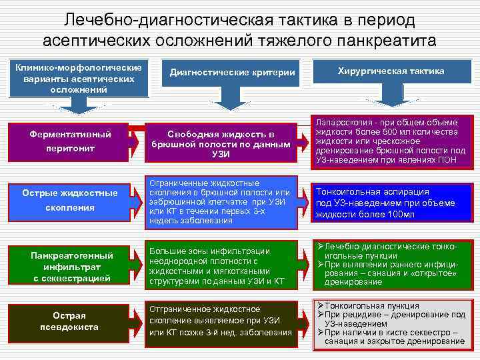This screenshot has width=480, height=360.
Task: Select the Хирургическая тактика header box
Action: pos(391,71)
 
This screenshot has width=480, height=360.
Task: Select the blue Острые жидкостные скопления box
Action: pos(71,200)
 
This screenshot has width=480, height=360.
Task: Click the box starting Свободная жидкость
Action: pos(221,144)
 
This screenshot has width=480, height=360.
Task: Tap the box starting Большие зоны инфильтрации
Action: pos(221,266)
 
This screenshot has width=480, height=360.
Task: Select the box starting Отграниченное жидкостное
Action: pos(221,322)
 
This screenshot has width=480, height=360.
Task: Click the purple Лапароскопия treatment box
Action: pos(391,141)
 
